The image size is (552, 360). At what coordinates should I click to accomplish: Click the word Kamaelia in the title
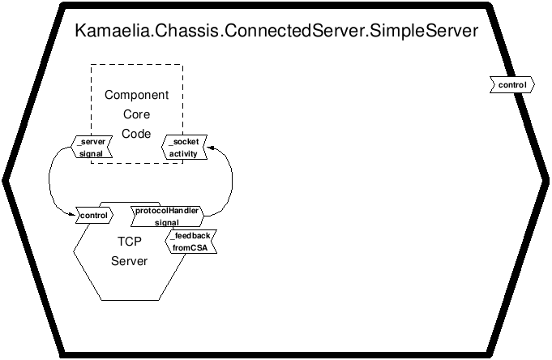112,31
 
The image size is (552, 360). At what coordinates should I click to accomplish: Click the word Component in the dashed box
137,95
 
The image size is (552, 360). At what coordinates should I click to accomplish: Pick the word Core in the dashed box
137,114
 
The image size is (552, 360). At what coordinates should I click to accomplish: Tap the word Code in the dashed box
136,134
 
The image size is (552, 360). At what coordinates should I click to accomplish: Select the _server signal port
92,148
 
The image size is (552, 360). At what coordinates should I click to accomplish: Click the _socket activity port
184,148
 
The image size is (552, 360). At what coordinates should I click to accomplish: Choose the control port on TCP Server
94,216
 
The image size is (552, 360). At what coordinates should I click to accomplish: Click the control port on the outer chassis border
512,85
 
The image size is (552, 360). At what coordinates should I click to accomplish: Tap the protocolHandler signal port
167,216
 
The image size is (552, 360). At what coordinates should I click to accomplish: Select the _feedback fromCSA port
190,242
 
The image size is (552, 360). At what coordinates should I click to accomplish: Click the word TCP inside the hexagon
130,242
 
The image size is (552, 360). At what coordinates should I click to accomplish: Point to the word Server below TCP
129,261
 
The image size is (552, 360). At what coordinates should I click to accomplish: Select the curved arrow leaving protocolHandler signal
232,180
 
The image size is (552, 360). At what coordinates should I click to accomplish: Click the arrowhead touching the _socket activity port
210,148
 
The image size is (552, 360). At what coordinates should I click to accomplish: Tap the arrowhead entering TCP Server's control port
73,214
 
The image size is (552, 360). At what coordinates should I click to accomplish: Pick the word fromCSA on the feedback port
190,248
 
